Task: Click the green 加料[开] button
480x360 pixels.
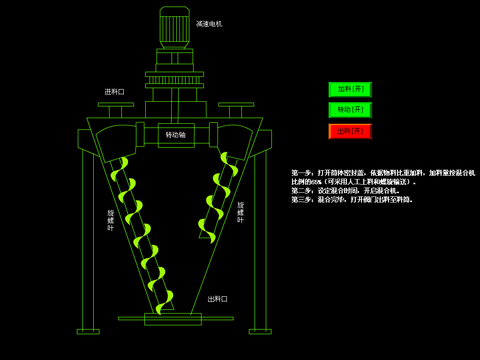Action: [350, 89]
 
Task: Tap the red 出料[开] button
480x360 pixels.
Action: [350, 131]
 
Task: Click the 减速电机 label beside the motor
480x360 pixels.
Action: [209, 24]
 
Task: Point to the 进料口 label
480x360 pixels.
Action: [114, 92]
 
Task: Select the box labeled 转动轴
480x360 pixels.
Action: [176, 135]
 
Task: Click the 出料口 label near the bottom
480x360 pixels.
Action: [217, 299]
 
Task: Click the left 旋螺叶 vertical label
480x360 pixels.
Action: [111, 220]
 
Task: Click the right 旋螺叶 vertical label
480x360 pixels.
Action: [240, 212]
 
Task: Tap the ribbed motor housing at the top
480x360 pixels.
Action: [174, 29]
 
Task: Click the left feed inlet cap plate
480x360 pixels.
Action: [116, 105]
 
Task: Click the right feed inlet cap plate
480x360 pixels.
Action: [236, 105]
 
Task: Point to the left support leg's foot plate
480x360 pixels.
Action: [88, 331]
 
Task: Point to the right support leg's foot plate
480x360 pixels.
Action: [260, 331]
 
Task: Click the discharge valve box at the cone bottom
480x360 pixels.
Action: [172, 319]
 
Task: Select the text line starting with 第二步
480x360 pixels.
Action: [345, 191]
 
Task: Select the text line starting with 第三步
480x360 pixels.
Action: [352, 200]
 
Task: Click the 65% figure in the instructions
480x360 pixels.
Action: [316, 182]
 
